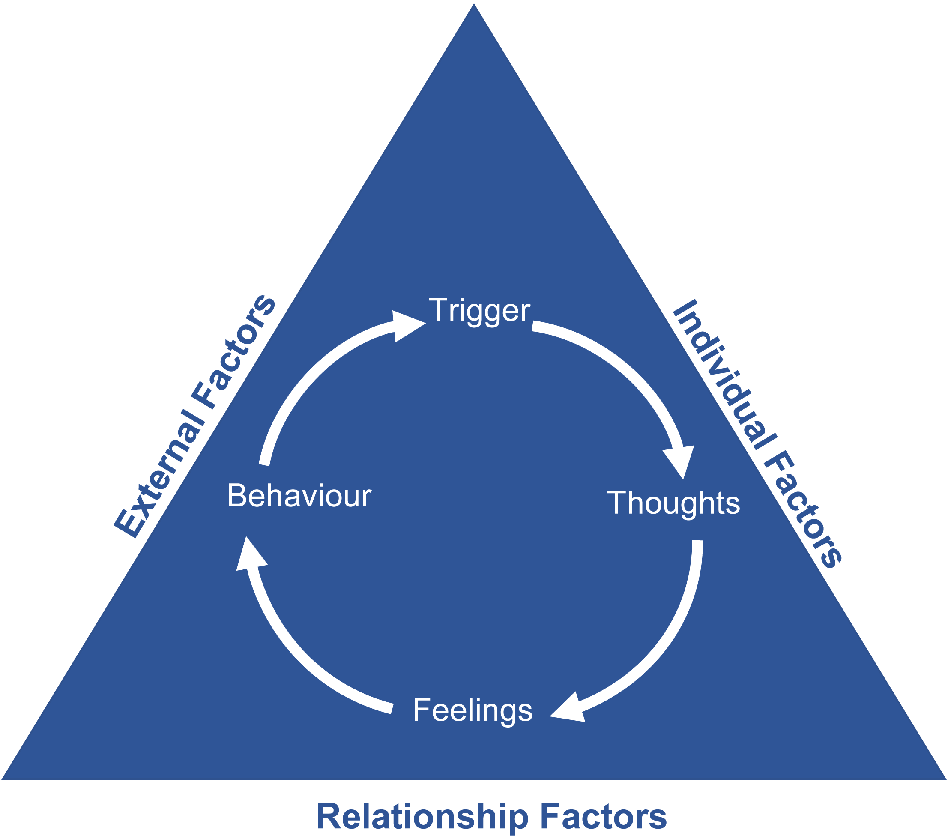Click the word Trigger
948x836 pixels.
click(479, 310)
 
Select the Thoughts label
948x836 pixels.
click(673, 503)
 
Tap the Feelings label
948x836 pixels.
click(473, 710)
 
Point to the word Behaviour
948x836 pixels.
click(299, 496)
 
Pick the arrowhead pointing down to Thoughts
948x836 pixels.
click(680, 460)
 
